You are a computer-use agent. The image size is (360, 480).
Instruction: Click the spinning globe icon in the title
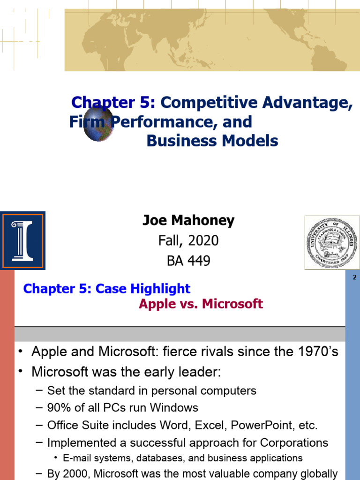(x=99, y=124)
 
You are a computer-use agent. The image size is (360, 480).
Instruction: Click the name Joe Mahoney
(x=188, y=220)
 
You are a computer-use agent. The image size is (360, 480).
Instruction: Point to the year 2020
(x=203, y=240)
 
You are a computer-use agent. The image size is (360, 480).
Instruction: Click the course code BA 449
(x=188, y=261)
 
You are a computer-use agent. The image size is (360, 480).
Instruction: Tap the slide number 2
(x=354, y=277)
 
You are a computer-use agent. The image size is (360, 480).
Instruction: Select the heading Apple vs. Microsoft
(x=201, y=304)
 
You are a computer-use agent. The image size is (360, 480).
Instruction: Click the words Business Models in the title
(x=212, y=141)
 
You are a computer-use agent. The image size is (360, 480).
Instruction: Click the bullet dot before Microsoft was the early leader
(x=21, y=372)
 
